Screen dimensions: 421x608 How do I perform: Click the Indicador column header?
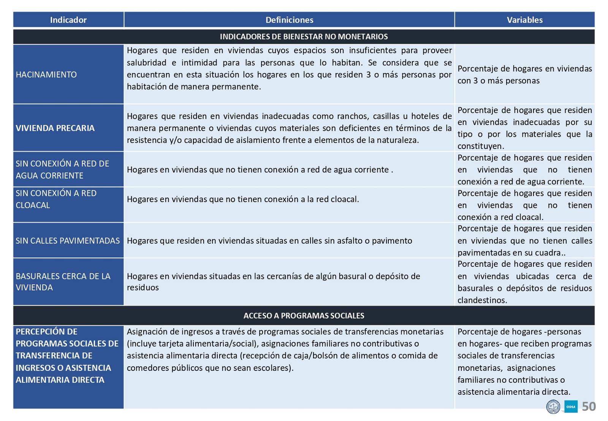[x=68, y=20]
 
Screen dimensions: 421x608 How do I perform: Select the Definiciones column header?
[x=289, y=20]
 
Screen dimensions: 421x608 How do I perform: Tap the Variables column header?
[x=524, y=20]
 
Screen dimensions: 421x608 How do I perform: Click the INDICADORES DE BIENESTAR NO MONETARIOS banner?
[x=304, y=36]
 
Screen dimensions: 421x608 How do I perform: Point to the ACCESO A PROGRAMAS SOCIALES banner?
[x=304, y=315]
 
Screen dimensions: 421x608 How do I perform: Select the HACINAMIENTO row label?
[x=46, y=74]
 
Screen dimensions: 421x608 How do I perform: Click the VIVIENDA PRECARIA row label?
[x=55, y=128]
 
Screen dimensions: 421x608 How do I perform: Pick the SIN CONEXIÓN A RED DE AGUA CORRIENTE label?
[x=62, y=169]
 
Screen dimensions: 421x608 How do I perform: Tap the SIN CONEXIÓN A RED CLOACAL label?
[x=56, y=199]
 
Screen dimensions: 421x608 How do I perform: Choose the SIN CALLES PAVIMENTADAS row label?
[x=68, y=241]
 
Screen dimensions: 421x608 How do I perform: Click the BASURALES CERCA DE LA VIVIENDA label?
[x=63, y=282]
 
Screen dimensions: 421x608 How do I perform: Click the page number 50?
[x=589, y=407]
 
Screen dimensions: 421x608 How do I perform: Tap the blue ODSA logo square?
[x=571, y=407]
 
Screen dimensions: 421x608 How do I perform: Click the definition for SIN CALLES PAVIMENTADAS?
[x=269, y=241]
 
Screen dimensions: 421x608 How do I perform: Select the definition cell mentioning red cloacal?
[x=243, y=199]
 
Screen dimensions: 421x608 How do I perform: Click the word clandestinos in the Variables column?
[x=482, y=300]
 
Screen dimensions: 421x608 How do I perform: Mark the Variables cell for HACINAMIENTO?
[x=524, y=74]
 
